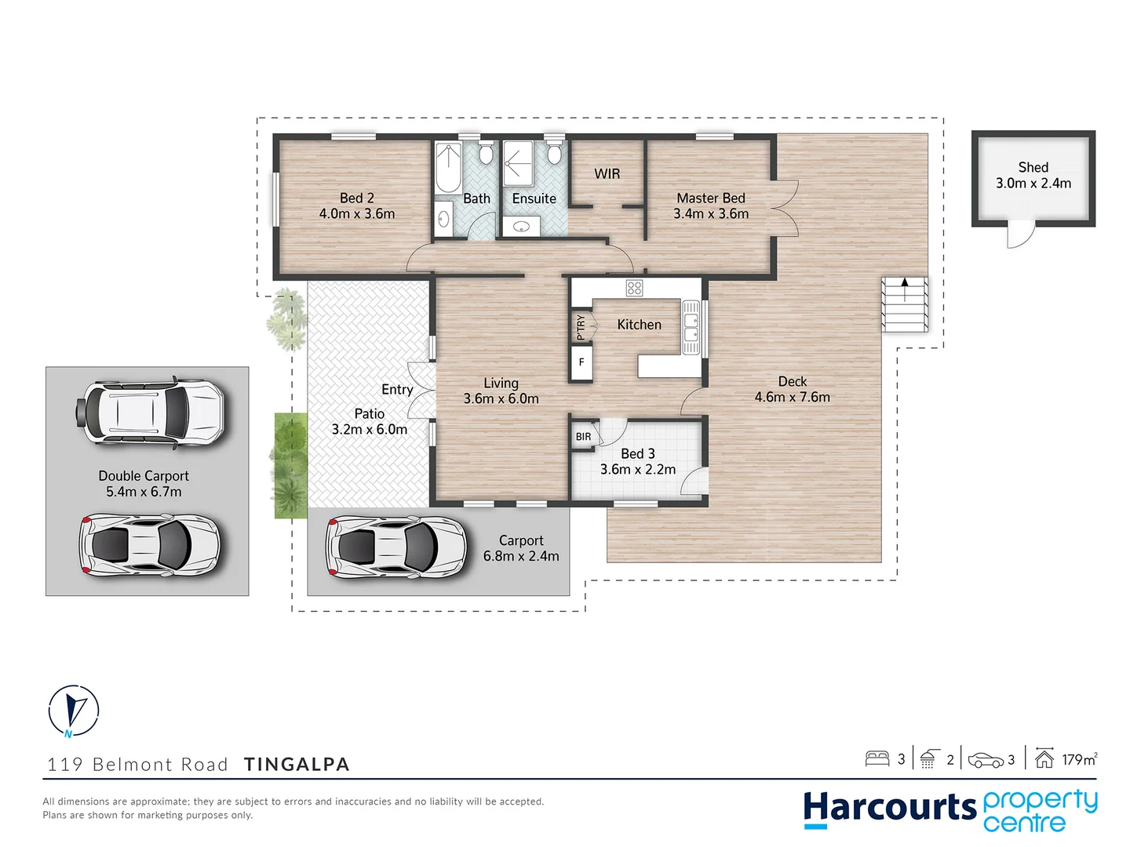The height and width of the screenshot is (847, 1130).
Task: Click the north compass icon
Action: (x=74, y=711)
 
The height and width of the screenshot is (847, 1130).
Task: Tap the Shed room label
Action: (x=1033, y=167)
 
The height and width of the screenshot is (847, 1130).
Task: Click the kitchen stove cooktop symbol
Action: (x=634, y=288)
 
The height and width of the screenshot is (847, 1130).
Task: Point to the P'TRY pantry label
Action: (x=581, y=326)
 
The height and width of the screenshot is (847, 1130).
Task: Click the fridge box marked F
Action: (x=581, y=362)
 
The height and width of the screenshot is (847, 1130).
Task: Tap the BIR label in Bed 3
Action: (x=583, y=437)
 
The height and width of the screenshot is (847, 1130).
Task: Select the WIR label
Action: (x=607, y=173)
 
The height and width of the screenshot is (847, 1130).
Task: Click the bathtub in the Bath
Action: (x=449, y=168)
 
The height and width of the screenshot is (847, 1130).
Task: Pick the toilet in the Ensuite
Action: (x=554, y=152)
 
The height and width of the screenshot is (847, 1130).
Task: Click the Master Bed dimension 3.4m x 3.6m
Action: (x=711, y=213)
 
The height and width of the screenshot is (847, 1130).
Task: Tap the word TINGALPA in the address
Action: (x=297, y=764)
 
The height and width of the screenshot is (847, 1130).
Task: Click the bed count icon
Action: (x=877, y=758)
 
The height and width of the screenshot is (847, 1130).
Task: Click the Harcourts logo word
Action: (x=888, y=809)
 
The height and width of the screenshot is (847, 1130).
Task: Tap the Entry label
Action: (x=397, y=389)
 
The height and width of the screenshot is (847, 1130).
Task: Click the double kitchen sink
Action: (x=691, y=327)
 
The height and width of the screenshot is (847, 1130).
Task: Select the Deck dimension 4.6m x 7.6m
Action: (x=792, y=397)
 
